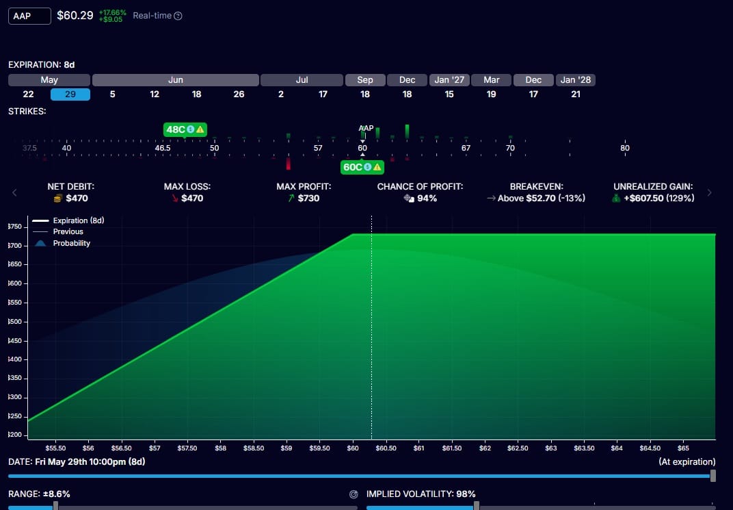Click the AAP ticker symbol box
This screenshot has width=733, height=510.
click(x=29, y=16)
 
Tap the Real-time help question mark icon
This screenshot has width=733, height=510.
click(x=178, y=16)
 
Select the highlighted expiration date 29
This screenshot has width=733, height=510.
click(x=70, y=94)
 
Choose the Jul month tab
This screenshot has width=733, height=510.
click(x=302, y=80)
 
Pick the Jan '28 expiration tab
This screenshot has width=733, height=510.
click(x=576, y=80)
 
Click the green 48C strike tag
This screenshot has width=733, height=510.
click(x=185, y=129)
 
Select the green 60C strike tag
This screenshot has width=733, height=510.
click(x=362, y=167)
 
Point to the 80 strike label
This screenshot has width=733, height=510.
click(x=625, y=148)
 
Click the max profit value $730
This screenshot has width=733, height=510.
click(x=308, y=199)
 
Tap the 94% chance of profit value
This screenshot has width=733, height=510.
click(x=427, y=199)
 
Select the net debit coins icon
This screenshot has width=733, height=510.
click(x=58, y=199)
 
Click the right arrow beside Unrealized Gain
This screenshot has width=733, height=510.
click(x=710, y=192)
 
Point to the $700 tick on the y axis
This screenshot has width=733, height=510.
click(x=16, y=246)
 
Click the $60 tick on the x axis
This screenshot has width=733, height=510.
click(x=353, y=448)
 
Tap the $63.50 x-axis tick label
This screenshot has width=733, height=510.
click(x=585, y=448)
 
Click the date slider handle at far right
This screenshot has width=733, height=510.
click(x=713, y=476)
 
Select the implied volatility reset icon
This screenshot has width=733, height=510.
click(x=354, y=494)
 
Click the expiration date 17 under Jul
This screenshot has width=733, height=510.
click(x=323, y=94)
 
